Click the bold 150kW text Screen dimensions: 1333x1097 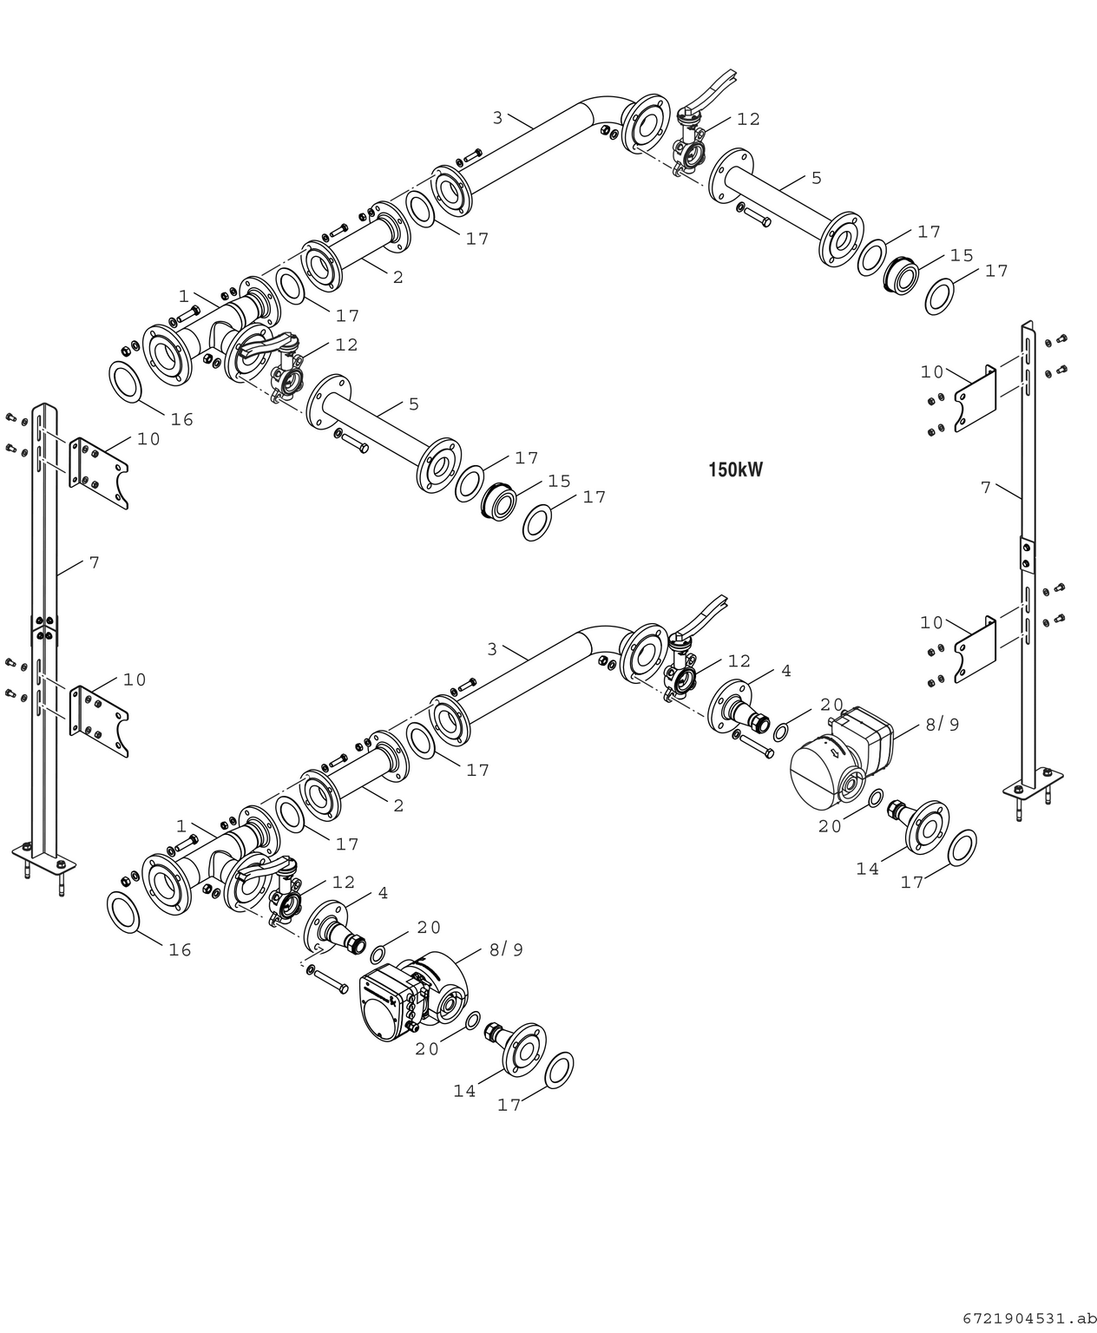click(735, 470)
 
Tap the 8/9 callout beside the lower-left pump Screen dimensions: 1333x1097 click(506, 949)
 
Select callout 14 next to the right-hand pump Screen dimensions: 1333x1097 click(868, 868)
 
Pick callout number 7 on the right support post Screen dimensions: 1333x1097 click(985, 488)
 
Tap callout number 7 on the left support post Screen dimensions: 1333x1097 click(94, 562)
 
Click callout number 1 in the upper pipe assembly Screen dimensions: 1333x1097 click(183, 296)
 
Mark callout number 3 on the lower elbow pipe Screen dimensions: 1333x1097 click(492, 648)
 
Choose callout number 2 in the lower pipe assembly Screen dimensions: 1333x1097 click(397, 805)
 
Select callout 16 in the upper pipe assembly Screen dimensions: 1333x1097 click(181, 420)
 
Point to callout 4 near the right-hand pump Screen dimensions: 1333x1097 click(785, 671)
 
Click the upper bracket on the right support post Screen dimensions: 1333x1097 click(975, 400)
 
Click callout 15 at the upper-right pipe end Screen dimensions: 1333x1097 click(961, 255)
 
